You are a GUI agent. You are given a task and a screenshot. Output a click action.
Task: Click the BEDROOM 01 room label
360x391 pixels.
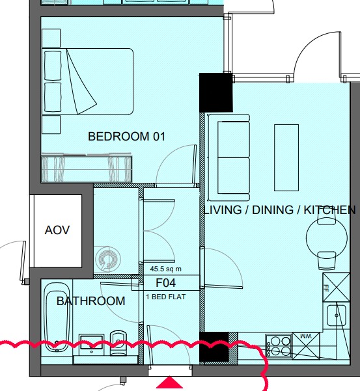pyautogui.click(x=126, y=137)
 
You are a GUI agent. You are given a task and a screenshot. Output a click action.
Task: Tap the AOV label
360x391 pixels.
pyautogui.click(x=57, y=230)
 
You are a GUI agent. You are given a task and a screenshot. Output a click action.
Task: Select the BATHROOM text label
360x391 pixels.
pyautogui.click(x=90, y=301)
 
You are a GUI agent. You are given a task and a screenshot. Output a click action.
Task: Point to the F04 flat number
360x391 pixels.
pyautogui.click(x=165, y=283)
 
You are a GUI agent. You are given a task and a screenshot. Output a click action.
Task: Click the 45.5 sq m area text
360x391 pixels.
pyautogui.click(x=165, y=269)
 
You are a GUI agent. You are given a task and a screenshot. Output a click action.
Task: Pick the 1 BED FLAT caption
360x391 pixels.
pyautogui.click(x=166, y=297)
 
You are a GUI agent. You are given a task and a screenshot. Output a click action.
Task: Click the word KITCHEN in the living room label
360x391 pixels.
pyautogui.click(x=329, y=210)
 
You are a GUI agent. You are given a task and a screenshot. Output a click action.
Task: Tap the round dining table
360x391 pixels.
pyautogui.click(x=327, y=237)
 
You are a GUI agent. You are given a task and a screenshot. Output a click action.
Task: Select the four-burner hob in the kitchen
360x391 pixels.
pyautogui.click(x=279, y=346)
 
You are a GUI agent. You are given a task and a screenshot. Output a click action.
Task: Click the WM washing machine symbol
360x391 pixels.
pyautogui.click(x=306, y=346)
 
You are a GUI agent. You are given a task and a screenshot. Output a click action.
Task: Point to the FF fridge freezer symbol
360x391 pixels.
pyautogui.click(x=337, y=288)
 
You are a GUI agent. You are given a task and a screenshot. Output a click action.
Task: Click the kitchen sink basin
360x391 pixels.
pyautogui.click(x=337, y=316)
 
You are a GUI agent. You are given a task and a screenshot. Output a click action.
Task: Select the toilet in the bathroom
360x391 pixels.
pyautogui.click(x=118, y=343)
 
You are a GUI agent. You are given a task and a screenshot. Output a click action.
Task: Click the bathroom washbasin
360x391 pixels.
pyautogui.click(x=92, y=345)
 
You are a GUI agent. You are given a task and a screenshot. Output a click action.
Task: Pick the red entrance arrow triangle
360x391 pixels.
pyautogui.click(x=169, y=383)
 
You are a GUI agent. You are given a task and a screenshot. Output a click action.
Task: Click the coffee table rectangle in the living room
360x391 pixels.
pyautogui.click(x=286, y=157)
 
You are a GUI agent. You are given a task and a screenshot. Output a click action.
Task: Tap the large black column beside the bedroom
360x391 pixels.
pyautogui.click(x=216, y=92)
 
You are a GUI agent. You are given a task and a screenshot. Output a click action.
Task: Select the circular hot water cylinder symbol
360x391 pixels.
pyautogui.click(x=108, y=260)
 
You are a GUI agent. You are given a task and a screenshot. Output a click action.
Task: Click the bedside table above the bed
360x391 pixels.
pyautogui.click(x=51, y=38)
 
